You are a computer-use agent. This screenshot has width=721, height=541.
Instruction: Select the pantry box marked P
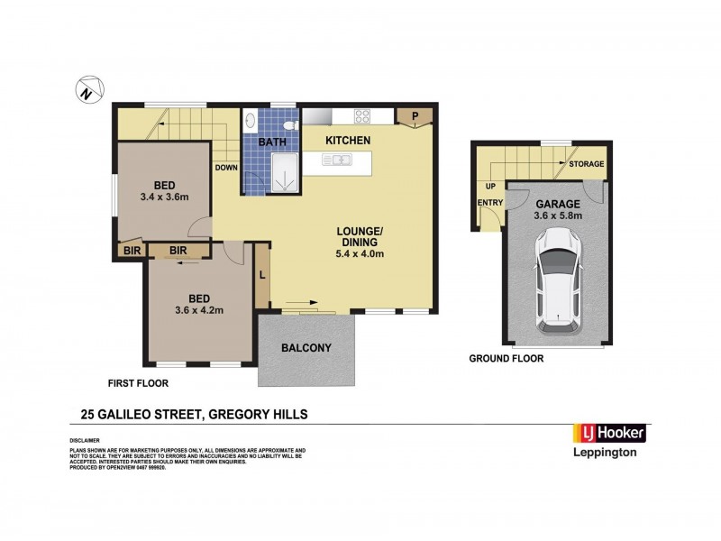click(x=415, y=115)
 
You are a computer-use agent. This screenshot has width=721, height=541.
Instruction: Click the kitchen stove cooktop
click(x=363, y=115)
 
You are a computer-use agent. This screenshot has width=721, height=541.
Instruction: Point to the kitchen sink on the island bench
click(x=340, y=161)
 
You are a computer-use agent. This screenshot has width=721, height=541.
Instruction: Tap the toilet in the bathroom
click(x=289, y=124)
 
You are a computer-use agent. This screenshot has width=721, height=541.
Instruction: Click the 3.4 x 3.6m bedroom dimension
click(x=163, y=196)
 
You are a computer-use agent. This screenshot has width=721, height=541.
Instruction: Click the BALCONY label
click(x=306, y=348)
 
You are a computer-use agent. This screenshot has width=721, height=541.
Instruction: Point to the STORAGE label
click(x=585, y=164)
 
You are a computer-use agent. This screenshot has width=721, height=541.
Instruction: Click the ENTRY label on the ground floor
click(x=490, y=202)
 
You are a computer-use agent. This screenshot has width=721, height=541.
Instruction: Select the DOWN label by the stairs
click(x=226, y=168)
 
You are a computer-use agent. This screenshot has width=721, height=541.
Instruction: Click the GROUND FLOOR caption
click(x=506, y=358)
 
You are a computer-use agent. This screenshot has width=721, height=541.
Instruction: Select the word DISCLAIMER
click(x=87, y=440)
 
